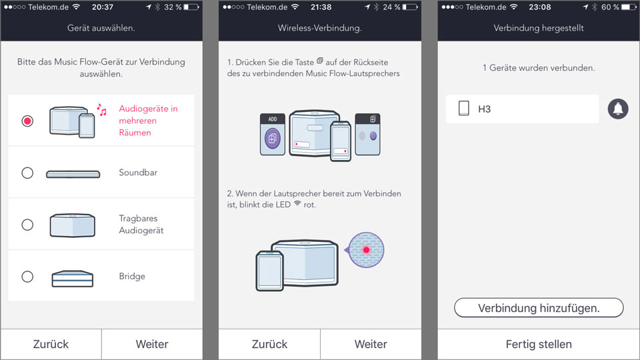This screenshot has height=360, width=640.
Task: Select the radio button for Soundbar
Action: (27, 173)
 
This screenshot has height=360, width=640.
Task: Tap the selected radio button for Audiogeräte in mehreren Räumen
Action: (27, 121)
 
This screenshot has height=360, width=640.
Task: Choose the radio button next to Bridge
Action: (27, 276)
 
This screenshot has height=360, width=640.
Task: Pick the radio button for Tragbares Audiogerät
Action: (27, 225)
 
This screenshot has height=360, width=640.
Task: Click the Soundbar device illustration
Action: (73, 174)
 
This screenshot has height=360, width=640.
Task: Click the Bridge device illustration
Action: (73, 279)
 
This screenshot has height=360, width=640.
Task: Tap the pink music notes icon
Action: (101, 109)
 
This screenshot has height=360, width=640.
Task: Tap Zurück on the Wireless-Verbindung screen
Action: (269, 344)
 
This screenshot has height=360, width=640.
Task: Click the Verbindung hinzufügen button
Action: (539, 308)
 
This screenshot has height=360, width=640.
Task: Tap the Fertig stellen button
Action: (539, 344)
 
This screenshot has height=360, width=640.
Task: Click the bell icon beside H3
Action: (618, 109)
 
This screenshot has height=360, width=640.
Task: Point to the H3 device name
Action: (485, 109)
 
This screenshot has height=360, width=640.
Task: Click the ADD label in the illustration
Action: (273, 119)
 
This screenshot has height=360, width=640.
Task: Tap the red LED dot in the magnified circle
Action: (366, 250)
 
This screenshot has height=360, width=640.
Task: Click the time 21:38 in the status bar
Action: (321, 7)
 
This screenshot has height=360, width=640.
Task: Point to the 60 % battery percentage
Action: (610, 7)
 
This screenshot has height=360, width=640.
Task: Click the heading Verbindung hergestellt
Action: (539, 28)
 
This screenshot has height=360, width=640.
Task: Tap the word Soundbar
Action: (138, 172)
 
